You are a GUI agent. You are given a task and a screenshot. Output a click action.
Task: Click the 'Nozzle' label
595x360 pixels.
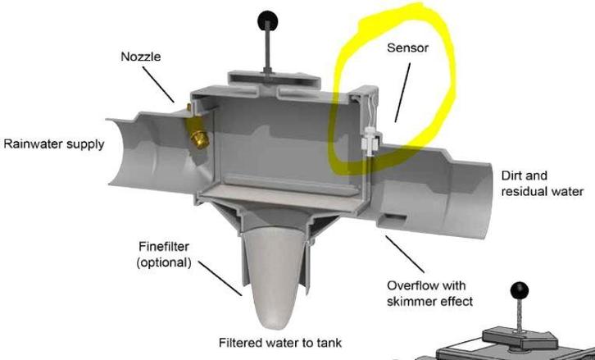click(140, 57)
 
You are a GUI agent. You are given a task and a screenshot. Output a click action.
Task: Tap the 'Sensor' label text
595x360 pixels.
click(407, 48)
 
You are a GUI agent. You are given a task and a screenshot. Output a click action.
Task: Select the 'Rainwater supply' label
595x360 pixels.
click(54, 145)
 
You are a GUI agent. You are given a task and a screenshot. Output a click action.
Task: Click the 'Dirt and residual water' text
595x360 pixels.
click(542, 184)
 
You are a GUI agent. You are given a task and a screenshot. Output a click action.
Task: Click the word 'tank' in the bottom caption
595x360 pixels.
click(323, 341)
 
